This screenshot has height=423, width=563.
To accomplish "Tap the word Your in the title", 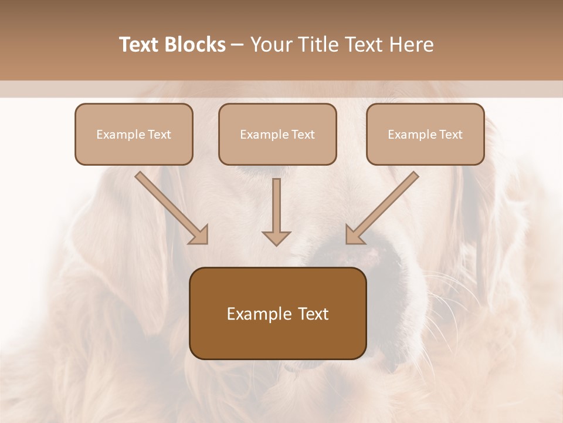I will (270, 45).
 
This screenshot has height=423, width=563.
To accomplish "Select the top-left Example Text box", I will (134, 134).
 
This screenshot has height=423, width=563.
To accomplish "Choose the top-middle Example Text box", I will (277, 134).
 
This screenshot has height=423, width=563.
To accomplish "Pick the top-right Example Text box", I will (425, 134).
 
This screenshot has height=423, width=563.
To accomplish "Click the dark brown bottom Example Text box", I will (277, 313).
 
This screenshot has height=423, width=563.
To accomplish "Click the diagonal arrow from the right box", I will (384, 206).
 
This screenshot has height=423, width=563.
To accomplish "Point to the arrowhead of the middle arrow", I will (276, 238).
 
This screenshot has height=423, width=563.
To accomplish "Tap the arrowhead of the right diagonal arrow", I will (354, 234).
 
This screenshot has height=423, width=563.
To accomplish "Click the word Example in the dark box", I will (256, 314).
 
